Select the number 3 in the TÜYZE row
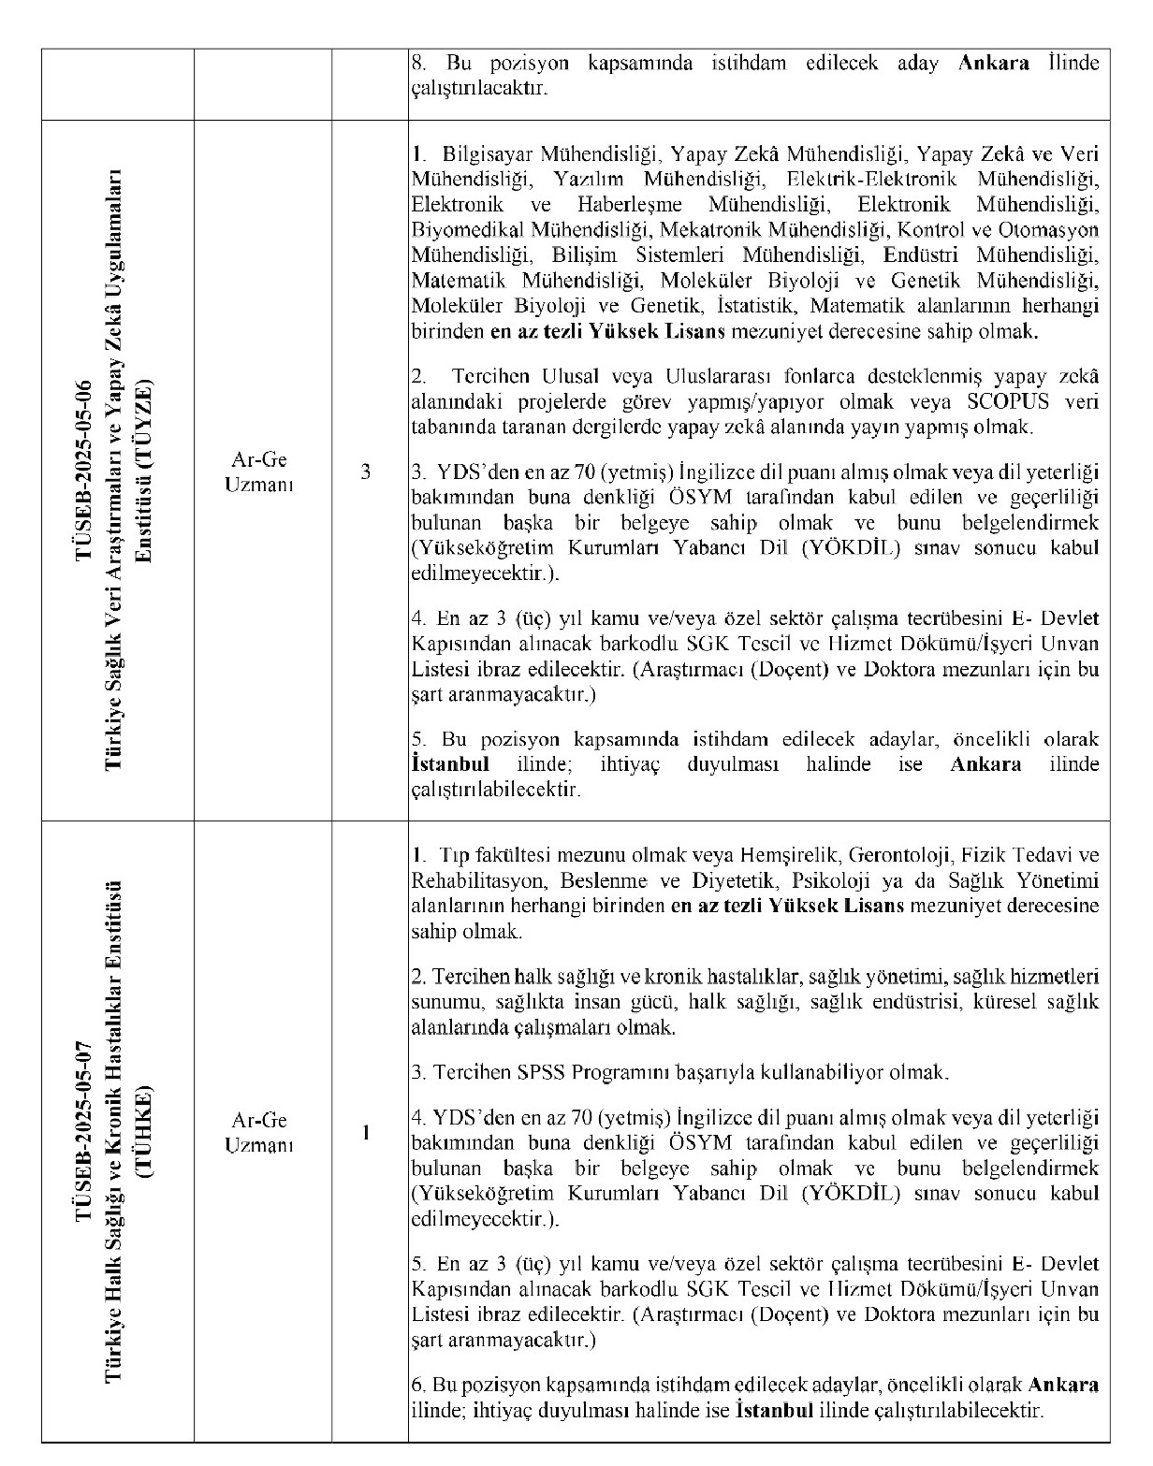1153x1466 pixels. (x=366, y=472)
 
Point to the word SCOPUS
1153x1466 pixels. (x=1004, y=402)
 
